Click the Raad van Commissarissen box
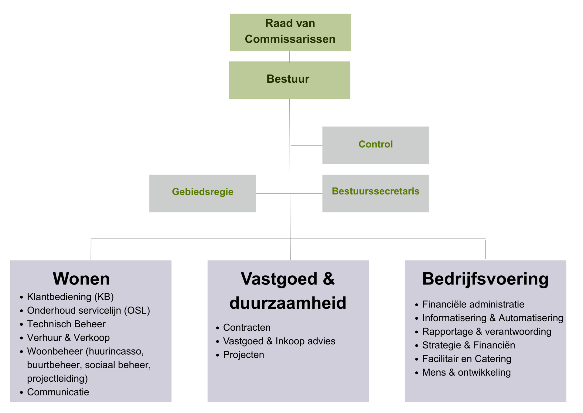290,32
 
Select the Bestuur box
289,80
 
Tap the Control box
375,145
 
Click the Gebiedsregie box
203,193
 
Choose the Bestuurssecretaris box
375,193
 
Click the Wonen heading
81,278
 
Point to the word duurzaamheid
288,303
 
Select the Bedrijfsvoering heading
485,278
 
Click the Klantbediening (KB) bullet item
70,297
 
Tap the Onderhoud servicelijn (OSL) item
88,310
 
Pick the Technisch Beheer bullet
66,324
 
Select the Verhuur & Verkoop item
68,338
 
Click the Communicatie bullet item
58,392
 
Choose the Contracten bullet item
247,327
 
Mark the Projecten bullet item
244,355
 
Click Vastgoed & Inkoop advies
279,341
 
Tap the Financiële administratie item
473,304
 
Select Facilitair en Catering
467,359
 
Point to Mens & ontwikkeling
466,372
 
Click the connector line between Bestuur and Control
307,145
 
